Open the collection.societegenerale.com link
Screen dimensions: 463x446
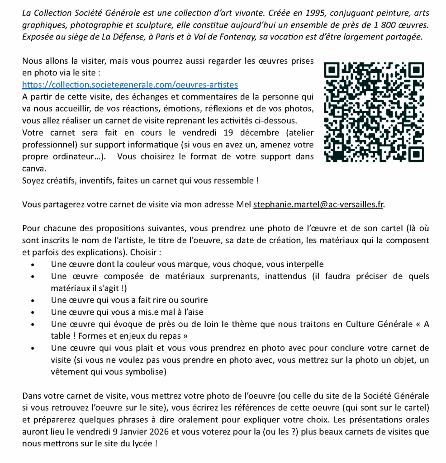(x=130, y=85)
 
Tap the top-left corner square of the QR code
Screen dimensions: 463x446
(x=332, y=70)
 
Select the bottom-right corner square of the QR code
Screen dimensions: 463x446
(x=416, y=154)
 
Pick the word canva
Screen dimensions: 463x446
(x=33, y=168)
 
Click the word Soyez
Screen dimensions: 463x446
(x=33, y=180)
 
